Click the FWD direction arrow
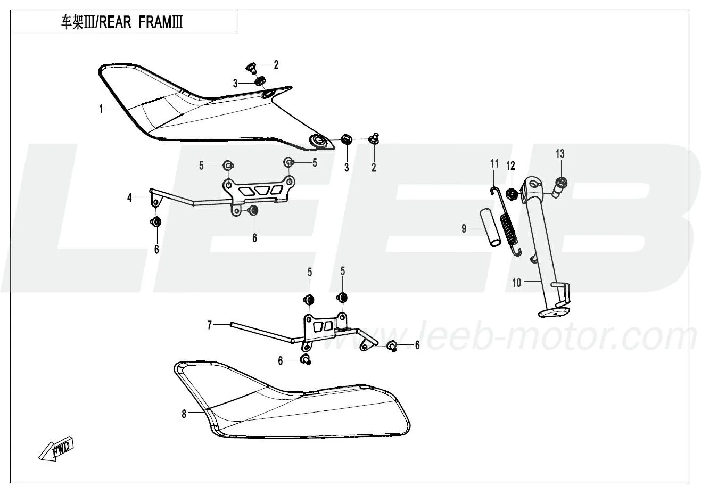click(x=56, y=448)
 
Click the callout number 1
click(x=101, y=109)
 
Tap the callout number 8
click(x=184, y=414)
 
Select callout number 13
click(x=560, y=154)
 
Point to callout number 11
click(x=494, y=163)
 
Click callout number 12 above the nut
click(x=510, y=166)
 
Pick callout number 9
click(x=464, y=229)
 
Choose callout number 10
click(x=516, y=283)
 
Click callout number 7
click(x=209, y=325)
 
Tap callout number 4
click(x=129, y=198)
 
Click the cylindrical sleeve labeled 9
click(x=491, y=229)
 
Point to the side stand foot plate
click(x=553, y=312)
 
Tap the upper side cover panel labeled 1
click(x=216, y=107)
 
